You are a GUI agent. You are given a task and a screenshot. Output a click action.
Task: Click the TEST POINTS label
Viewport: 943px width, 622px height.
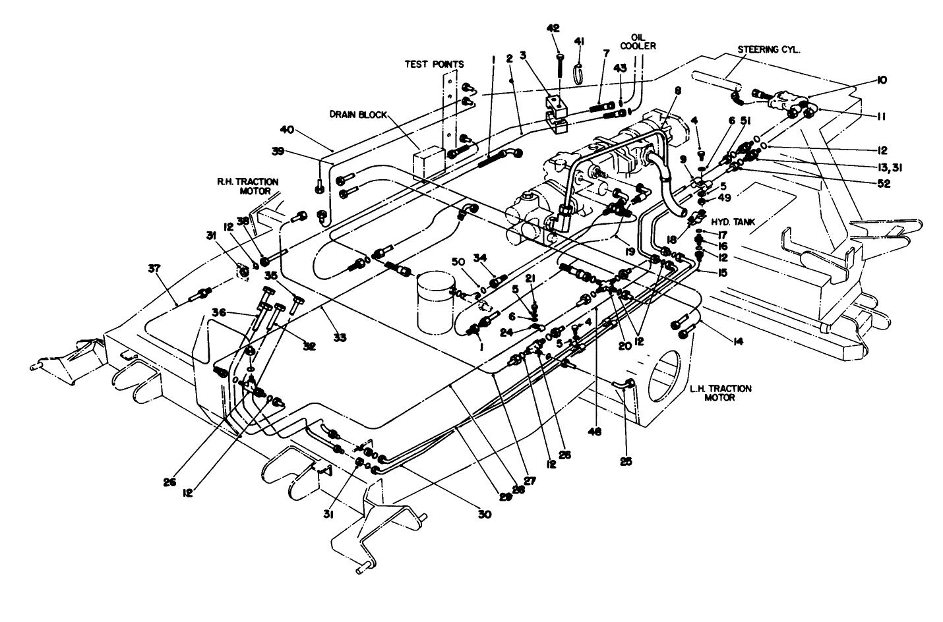pos(434,64)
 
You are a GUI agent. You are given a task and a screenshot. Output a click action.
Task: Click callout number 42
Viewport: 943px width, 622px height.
pos(553,28)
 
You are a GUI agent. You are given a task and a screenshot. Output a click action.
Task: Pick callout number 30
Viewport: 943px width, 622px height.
pos(485,515)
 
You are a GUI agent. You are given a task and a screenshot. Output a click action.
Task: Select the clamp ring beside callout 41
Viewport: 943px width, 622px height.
pos(580,74)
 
